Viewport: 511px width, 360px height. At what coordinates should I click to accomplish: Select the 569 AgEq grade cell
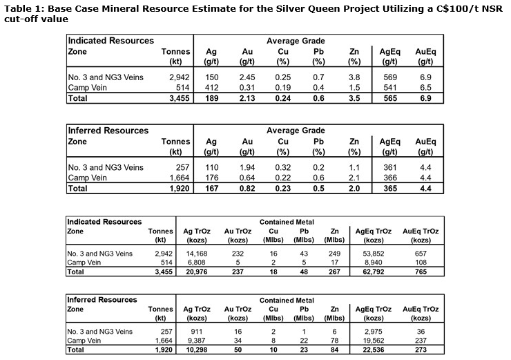387,77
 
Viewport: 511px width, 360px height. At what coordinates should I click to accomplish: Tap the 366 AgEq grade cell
387,178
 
